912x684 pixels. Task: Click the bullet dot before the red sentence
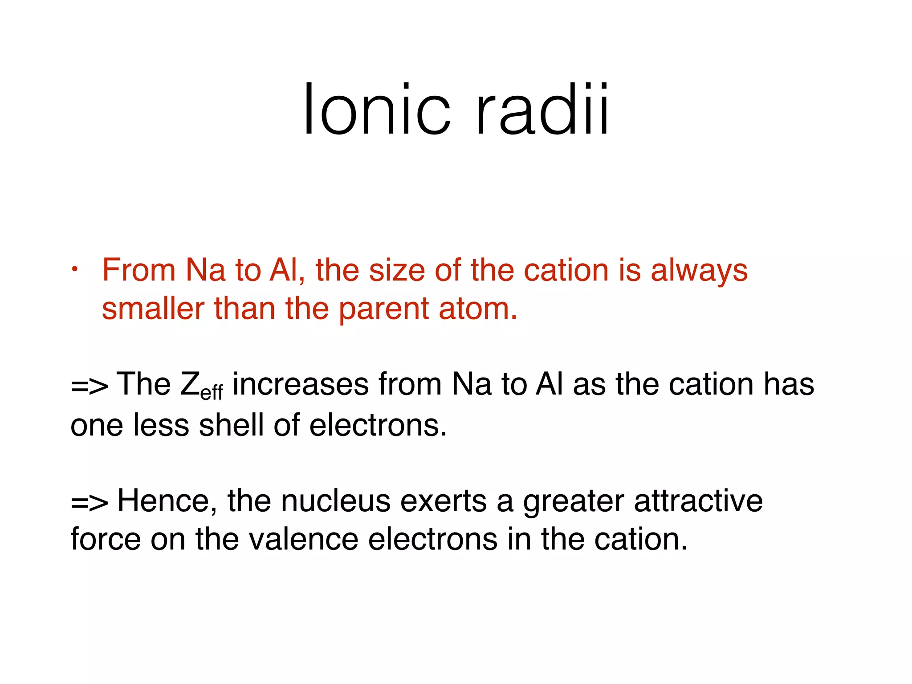[76, 269]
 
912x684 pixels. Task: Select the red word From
[138, 270]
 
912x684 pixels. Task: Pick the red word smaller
[153, 309]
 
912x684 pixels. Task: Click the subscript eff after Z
[212, 393]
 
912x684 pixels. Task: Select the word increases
[301, 384]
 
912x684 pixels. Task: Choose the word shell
[231, 424]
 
